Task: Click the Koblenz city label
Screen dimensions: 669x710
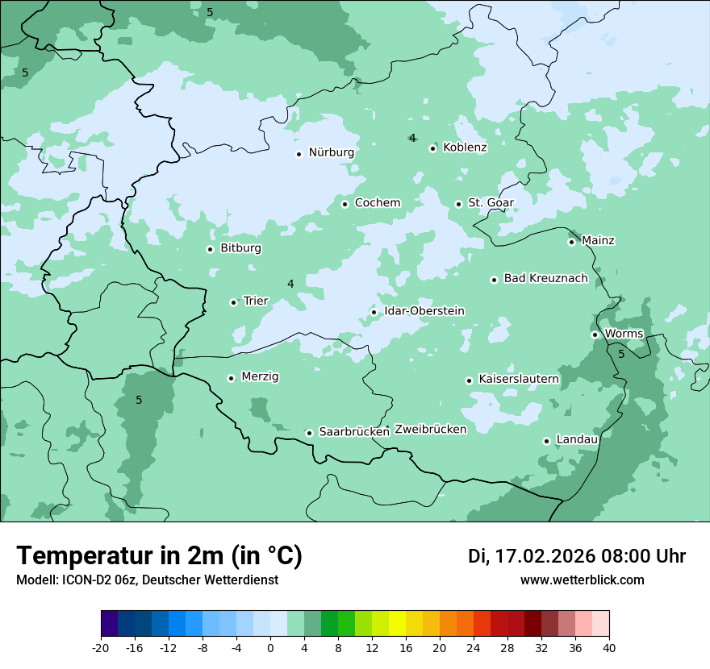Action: click(465, 148)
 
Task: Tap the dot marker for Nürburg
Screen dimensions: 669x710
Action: click(299, 154)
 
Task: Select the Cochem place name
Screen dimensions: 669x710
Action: click(378, 203)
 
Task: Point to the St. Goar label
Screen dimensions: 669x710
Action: click(491, 203)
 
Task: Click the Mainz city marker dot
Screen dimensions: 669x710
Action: click(571, 242)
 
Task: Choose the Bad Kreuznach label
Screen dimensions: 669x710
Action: click(545, 279)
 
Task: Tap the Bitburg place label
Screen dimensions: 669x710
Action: click(240, 248)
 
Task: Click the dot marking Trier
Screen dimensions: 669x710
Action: click(233, 302)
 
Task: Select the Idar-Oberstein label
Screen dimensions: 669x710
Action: click(424, 311)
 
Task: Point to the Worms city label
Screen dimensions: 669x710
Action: click(624, 334)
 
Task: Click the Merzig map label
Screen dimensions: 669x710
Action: click(260, 377)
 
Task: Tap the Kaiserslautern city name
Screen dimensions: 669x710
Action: click(519, 379)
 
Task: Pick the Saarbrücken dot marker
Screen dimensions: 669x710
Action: click(309, 433)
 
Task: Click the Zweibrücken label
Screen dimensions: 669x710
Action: click(430, 430)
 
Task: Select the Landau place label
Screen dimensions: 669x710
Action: click(577, 440)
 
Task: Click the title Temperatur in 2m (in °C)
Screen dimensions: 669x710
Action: click(159, 556)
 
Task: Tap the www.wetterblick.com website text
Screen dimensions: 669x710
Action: click(582, 580)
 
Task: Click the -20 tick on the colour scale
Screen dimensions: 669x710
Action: click(101, 648)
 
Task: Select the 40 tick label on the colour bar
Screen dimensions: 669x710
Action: click(609, 648)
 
